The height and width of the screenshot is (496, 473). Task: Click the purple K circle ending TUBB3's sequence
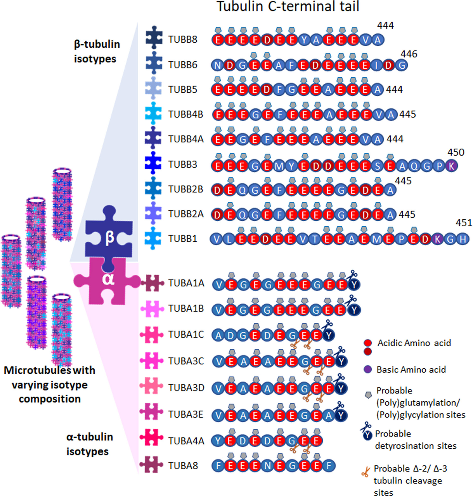[451, 166]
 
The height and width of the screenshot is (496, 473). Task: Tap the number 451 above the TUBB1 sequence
[463, 223]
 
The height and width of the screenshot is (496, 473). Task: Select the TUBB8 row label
[182, 39]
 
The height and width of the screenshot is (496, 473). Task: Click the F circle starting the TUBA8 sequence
[218, 466]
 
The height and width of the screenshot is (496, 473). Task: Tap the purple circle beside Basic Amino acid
[368, 369]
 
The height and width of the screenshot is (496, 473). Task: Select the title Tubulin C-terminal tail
[288, 7]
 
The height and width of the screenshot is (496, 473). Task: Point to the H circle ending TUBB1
[463, 239]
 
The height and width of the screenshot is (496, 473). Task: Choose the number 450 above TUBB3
[456, 152]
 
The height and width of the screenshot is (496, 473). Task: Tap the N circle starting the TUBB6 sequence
[218, 65]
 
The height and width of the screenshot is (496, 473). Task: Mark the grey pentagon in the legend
[368, 395]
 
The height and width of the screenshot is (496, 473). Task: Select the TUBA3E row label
[185, 414]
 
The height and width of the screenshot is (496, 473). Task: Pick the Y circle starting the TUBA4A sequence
[218, 440]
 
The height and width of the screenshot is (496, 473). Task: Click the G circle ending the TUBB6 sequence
[401, 65]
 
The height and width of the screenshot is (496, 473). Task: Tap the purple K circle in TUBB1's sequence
[437, 239]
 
